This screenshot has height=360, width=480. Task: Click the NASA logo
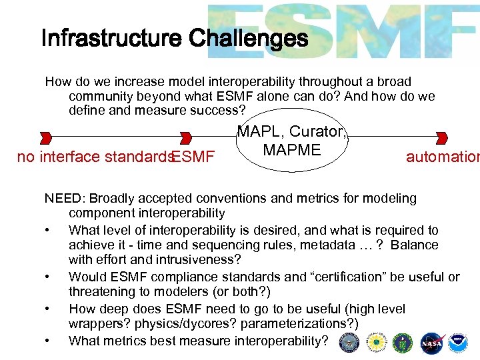[430, 343]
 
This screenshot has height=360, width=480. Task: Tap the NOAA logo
[459, 343]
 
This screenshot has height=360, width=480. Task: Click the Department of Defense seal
[349, 343]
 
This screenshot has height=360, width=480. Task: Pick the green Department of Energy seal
[403, 343]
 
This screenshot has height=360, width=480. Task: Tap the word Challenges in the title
[248, 39]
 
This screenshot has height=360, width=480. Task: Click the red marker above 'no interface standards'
[46, 138]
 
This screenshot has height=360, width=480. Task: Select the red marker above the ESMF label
[187, 138]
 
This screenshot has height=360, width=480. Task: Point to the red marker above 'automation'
[441, 138]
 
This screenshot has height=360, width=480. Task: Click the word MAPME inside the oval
[292, 150]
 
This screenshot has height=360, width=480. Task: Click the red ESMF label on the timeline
[193, 157]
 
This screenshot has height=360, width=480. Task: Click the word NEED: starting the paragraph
[65, 198]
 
